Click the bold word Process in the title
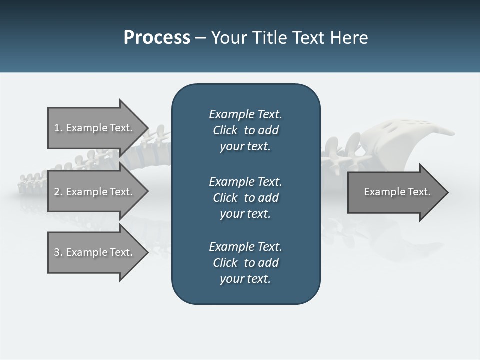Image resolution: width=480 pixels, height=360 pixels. click(x=157, y=38)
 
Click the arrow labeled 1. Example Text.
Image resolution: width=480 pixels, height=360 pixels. click(x=94, y=128)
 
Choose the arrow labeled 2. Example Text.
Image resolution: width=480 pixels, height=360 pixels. click(x=94, y=192)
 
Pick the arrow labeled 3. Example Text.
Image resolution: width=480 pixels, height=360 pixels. click(x=94, y=252)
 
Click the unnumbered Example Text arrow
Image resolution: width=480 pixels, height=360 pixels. click(x=397, y=192)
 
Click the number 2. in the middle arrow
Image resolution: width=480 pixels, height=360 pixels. click(x=58, y=192)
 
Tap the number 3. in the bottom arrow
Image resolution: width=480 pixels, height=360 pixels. click(x=58, y=252)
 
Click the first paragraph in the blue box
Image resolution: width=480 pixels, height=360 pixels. click(x=245, y=130)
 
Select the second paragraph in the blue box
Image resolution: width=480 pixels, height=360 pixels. click(x=245, y=198)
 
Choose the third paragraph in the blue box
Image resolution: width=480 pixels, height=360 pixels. click(x=245, y=263)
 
